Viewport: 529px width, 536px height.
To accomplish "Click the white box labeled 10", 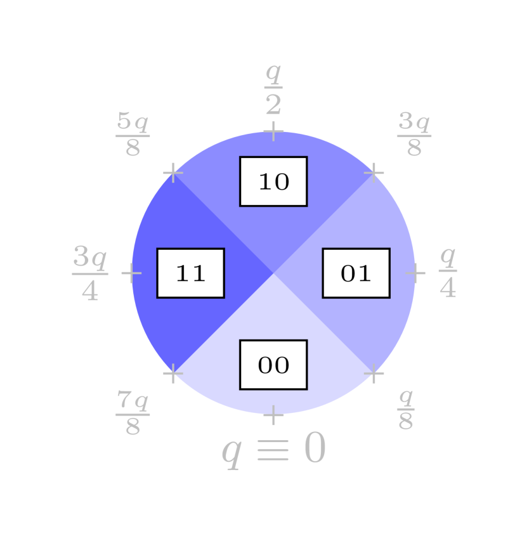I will pos(273,181).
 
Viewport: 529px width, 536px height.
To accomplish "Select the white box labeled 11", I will pos(190,273).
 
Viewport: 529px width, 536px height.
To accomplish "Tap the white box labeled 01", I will pos(356,273).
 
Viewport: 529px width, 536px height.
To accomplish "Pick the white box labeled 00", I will pos(273,365).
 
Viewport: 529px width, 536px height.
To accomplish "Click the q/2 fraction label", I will pos(273,89).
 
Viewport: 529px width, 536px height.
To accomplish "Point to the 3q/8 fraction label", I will pos(414,134).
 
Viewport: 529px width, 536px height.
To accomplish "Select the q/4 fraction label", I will pos(448,273).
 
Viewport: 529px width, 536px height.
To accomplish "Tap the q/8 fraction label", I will pos(406,410).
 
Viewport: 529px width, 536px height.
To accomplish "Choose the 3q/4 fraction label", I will pos(90,273).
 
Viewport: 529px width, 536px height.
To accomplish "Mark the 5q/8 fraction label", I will pos(133,134).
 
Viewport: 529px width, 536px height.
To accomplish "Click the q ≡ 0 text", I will pos(273,451).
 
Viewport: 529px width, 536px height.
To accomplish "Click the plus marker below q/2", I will pos(273,131).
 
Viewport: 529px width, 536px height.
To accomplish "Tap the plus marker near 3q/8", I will pos(374,173).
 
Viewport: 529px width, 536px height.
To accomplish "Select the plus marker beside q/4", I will pos(415,273).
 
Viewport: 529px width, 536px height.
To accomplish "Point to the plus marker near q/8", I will pos(374,374).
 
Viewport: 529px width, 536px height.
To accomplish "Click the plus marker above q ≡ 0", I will pos(273,415).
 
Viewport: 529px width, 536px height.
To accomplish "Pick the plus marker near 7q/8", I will pos(173,374).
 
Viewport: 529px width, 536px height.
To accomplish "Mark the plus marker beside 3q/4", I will pos(131,273).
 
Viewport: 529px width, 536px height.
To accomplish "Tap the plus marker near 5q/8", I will pos(173,173).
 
